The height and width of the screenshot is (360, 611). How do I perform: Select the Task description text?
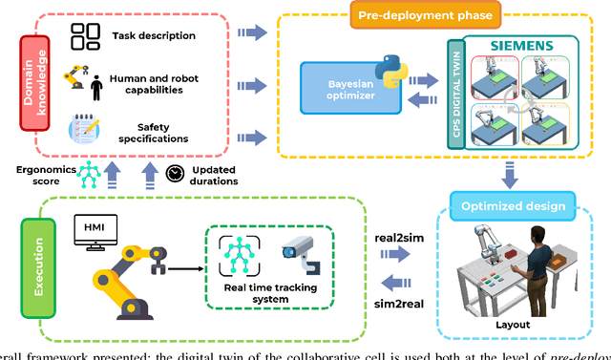(x=153, y=36)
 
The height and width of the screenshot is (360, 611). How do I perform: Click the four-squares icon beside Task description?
(x=86, y=36)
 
